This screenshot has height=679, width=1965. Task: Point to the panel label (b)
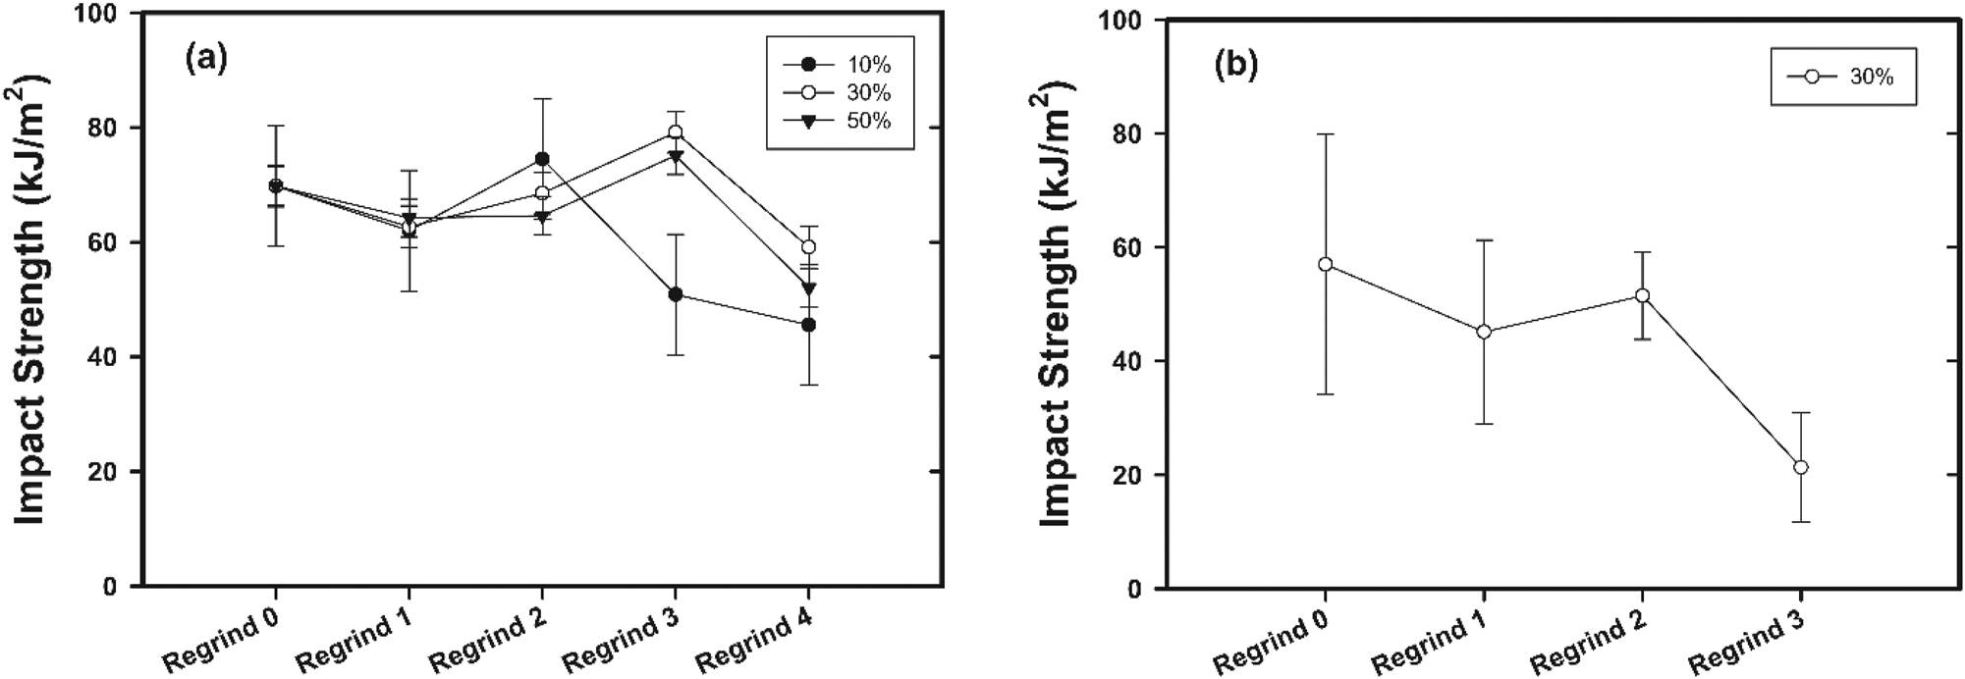[x=1236, y=67]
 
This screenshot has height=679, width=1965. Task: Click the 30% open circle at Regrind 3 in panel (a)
[x=676, y=132]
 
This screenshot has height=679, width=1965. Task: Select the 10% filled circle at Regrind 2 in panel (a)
[x=542, y=159]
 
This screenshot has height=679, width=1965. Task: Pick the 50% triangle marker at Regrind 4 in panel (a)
[x=808, y=288]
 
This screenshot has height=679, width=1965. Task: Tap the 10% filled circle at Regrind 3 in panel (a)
[x=676, y=294]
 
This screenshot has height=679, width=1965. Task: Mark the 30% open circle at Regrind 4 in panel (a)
[x=808, y=246]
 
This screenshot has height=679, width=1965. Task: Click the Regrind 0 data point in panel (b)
[x=1326, y=264]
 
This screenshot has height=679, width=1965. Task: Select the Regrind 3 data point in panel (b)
[x=1800, y=467]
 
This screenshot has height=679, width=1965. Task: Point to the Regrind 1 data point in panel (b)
[x=1484, y=332]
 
